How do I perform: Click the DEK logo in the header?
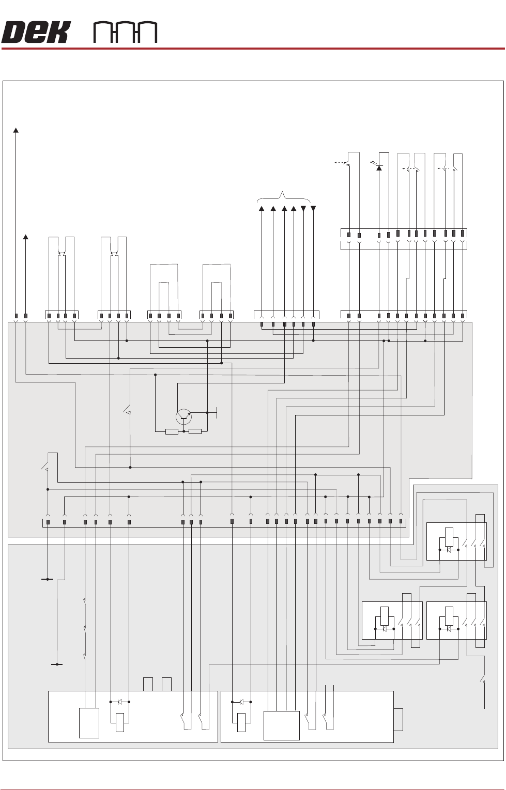pos(35,33)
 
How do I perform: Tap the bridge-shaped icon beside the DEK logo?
pos(125,33)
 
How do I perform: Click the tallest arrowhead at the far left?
pos(16,130)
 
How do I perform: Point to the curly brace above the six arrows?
pos(284,197)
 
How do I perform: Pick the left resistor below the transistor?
pos(172,431)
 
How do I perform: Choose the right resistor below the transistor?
pos(195,431)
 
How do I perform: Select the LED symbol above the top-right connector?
pos(379,167)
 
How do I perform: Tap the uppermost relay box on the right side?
pos(456,541)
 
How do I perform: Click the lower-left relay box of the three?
pos(391,621)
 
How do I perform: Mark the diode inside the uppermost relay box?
pos(449,550)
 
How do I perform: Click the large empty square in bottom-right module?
pos(281,725)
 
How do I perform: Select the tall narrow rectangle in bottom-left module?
pos(89,723)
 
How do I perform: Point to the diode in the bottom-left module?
pos(120,702)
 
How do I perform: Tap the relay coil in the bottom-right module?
pos(241,722)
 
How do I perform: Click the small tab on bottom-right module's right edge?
pos(398,720)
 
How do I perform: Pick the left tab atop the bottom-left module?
pos(148,684)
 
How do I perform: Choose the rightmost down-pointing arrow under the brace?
pos(313,209)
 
